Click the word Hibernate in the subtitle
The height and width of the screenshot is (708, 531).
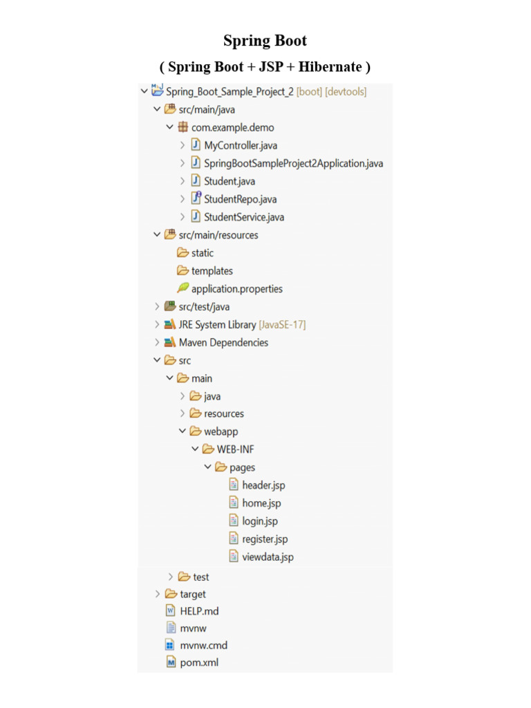coord(330,67)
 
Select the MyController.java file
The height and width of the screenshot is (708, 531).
coord(240,145)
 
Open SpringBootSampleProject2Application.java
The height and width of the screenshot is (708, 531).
coord(293,163)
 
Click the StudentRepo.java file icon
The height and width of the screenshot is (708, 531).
coord(196,198)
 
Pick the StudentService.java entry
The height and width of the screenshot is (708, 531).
coord(244,217)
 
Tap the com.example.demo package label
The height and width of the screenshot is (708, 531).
coord(232,128)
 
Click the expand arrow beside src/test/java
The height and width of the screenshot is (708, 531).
coord(157,306)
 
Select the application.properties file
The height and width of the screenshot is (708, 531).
coord(237,289)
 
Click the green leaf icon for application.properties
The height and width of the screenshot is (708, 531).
coord(183,288)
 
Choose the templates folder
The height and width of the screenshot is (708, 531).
coord(212,271)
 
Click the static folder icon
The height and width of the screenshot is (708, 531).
coord(183,252)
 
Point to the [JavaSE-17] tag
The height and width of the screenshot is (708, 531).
coord(282,325)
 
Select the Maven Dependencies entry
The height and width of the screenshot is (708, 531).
coord(223,343)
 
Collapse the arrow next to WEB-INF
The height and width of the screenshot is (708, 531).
coord(195,449)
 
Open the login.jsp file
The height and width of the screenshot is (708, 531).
coord(260,521)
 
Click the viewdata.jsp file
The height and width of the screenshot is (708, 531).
coord(268,557)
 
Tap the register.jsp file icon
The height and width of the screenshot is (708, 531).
coord(234,538)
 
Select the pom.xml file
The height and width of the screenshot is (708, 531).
coord(199,662)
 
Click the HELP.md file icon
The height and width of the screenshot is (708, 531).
coord(171,611)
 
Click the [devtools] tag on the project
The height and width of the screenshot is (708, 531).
coord(346,92)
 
